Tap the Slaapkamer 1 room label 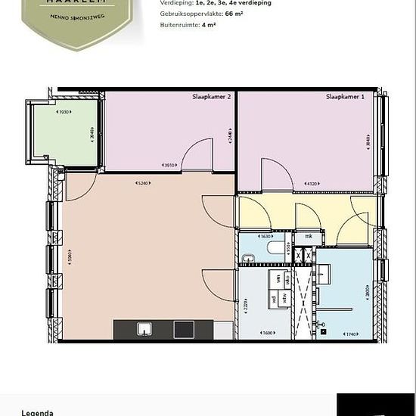tap(345, 97)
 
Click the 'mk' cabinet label tap(309, 237)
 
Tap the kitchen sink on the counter tap(144, 328)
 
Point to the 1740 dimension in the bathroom tap(349, 334)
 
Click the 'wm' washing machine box tap(278, 279)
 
